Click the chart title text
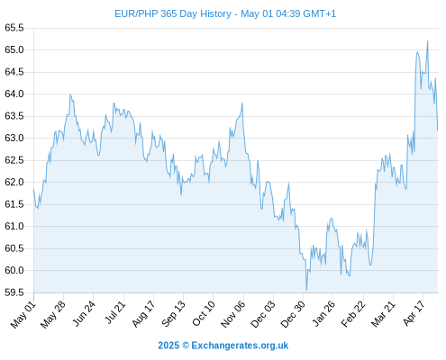tap(225, 13)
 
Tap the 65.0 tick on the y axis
tap(14, 49)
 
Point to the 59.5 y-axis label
tap(14, 292)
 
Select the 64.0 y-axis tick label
tap(14, 94)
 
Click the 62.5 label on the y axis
tap(14, 160)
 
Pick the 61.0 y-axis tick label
tap(14, 226)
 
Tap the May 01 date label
tap(23, 315)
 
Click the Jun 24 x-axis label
tap(84, 314)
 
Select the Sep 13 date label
tap(173, 314)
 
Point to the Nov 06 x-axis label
tap(232, 314)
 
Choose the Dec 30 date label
tap(293, 314)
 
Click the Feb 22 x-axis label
tap(353, 314)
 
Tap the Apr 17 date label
tap(414, 314)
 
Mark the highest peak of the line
tap(427, 41)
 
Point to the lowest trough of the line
tap(306, 290)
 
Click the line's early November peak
tap(242, 103)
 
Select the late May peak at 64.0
tap(70, 94)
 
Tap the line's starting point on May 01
tap(33, 189)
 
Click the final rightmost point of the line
tap(438, 130)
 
